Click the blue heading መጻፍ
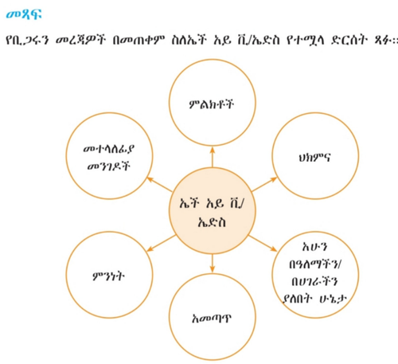24,14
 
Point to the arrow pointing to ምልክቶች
213,157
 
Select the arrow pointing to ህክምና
264,184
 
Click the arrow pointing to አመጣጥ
212,264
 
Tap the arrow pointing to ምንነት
161,243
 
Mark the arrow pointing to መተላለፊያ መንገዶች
159,184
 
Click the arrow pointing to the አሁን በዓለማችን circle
263,243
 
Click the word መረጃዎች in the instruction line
80,41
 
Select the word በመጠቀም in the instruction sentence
139,41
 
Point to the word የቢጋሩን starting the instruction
27,41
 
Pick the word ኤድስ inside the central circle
212,221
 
